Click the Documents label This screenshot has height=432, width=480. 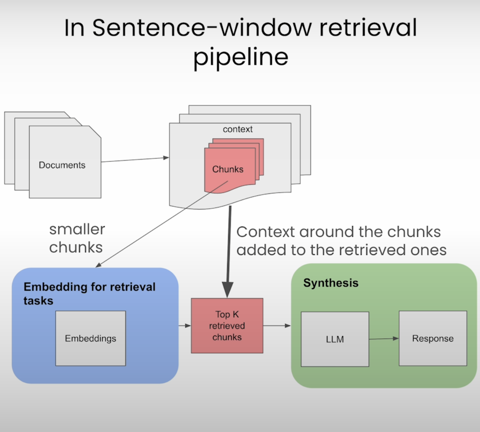click(62, 165)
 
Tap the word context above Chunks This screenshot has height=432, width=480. click(238, 129)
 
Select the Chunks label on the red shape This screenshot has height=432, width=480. click(228, 169)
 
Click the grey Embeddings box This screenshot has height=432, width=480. click(91, 338)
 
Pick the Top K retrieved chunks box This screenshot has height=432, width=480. click(227, 325)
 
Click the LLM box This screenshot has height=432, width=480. click(335, 339)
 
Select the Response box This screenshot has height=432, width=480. click(433, 338)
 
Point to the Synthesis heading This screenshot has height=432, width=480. click(331, 283)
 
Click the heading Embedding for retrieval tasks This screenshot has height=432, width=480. click(90, 294)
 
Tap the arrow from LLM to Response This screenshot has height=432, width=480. click(384, 339)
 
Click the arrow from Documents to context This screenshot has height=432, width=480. click(135, 159)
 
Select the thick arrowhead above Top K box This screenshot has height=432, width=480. click(228, 290)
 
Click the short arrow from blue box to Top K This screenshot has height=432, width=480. click(185, 325)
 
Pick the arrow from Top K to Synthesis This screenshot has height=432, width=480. click(277, 325)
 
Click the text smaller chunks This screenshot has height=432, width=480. click(77, 238)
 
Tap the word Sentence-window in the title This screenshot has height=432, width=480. click(202, 28)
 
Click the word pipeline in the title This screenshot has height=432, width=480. click(241, 57)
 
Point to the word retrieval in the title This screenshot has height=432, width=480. click(368, 27)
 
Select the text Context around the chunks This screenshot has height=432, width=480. click(339, 232)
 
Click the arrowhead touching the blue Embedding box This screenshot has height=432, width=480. click(98, 265)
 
